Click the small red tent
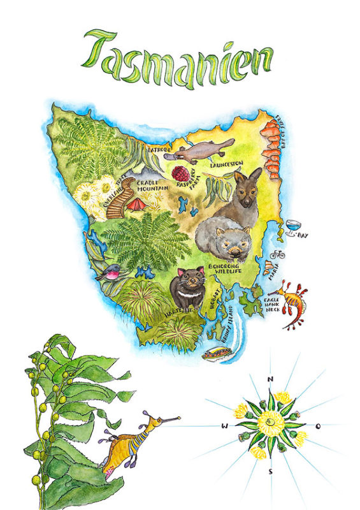click(x=136, y=204)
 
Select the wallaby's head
click(x=248, y=182)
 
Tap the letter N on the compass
click(x=270, y=379)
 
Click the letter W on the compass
click(x=224, y=425)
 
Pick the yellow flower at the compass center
click(x=270, y=423)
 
